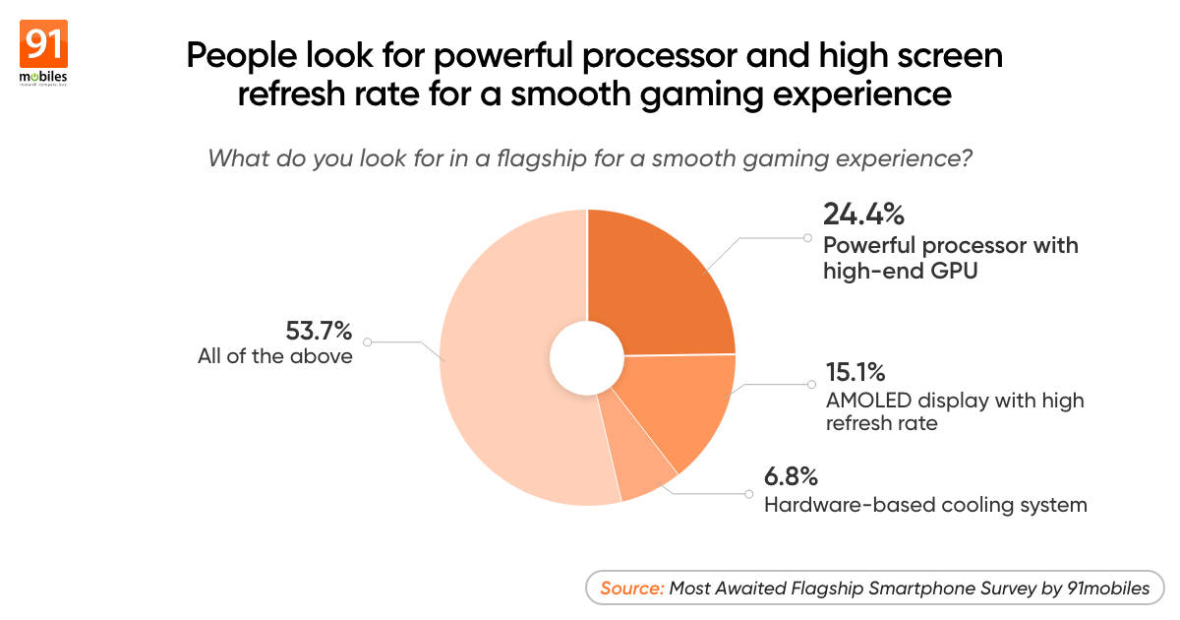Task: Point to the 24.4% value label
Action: (862, 214)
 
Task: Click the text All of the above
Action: (274, 356)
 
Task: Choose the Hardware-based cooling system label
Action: (925, 505)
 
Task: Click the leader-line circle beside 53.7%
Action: (367, 342)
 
